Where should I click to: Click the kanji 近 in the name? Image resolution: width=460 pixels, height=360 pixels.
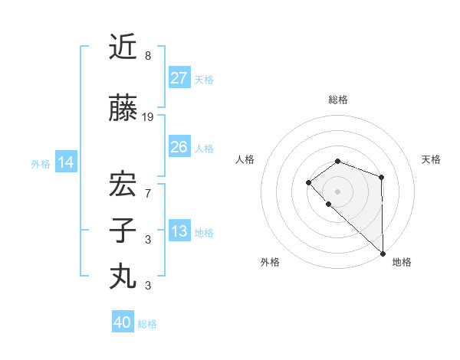pos(123,47)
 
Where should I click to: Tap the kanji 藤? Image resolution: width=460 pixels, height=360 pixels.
pos(123,110)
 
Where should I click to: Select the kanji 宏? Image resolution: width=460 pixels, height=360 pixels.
pos(123,185)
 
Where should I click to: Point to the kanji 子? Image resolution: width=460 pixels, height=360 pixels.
pos(123,231)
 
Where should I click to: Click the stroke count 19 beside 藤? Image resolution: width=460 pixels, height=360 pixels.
pos(148,117)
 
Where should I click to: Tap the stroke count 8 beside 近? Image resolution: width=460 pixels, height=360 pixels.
pos(148,56)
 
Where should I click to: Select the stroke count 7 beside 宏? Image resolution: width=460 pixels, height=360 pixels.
pos(148,194)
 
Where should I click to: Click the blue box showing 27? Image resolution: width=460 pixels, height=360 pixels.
pos(179,78)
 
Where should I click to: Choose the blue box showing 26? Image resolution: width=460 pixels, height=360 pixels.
pos(179,147)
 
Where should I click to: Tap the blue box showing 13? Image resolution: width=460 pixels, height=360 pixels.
pos(179,232)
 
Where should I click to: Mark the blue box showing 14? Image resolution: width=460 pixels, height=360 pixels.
pos(66,162)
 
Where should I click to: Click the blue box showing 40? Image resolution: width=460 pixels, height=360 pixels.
pos(123,323)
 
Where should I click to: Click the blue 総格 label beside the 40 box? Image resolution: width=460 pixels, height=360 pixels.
pos(147,324)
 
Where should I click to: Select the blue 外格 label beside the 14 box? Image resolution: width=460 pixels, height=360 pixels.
pos(41,163)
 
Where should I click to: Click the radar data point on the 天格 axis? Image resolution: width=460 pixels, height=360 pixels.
pos(381,178)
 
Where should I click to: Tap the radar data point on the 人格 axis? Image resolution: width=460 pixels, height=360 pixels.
pos(308,182)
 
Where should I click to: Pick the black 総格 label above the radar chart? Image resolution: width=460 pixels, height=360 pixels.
pos(337,100)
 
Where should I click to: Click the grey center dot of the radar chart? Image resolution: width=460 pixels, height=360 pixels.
pos(337,191)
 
